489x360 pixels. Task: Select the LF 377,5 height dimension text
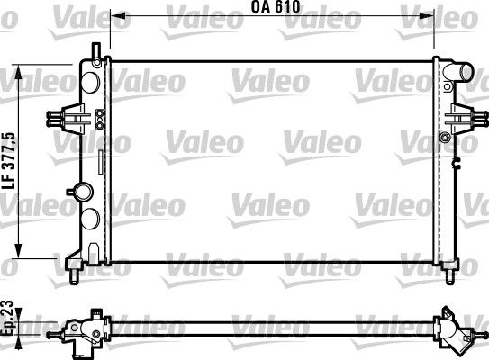[8, 158]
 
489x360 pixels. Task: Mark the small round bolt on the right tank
[445, 137]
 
